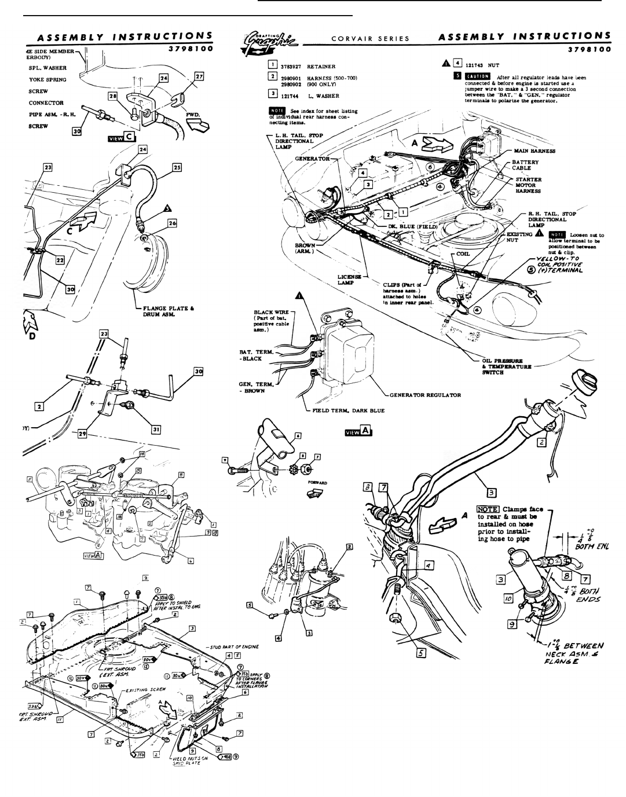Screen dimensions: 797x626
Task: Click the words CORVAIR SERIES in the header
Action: click(371, 39)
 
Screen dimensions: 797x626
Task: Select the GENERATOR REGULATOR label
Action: click(425, 395)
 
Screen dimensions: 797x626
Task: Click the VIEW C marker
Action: click(121, 137)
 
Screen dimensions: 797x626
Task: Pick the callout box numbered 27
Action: click(199, 76)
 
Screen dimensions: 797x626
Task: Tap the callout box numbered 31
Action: click(156, 429)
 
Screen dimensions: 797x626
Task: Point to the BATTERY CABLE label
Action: click(525, 166)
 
